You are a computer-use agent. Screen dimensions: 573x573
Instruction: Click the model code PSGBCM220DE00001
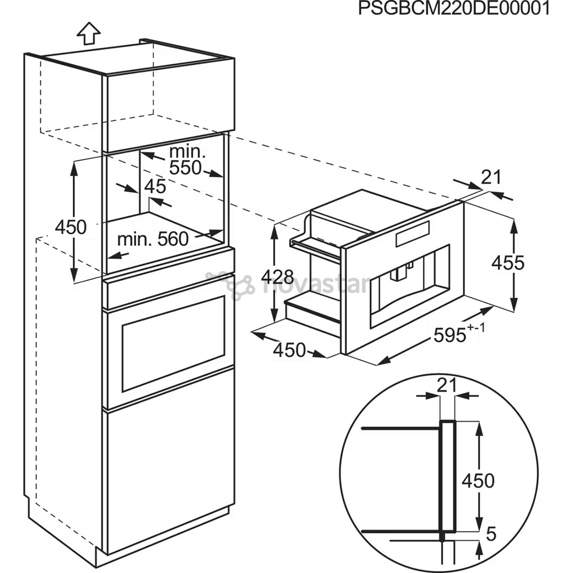click(x=454, y=9)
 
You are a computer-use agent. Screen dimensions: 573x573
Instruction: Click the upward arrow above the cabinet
click(x=88, y=33)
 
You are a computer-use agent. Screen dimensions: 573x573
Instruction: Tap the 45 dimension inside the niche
click(x=155, y=187)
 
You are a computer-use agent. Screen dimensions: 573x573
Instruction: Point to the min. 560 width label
click(x=153, y=239)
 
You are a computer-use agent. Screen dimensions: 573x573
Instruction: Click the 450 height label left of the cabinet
click(x=71, y=227)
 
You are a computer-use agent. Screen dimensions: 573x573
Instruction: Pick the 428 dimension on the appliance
click(x=278, y=276)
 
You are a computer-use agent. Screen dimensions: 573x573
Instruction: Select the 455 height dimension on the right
click(x=507, y=263)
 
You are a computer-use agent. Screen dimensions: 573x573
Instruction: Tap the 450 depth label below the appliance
click(x=289, y=350)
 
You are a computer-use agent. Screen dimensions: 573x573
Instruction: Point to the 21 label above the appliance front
click(x=491, y=177)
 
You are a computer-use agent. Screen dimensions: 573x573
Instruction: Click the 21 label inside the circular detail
click(x=447, y=386)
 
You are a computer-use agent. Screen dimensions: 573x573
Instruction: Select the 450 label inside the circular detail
click(x=477, y=481)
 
